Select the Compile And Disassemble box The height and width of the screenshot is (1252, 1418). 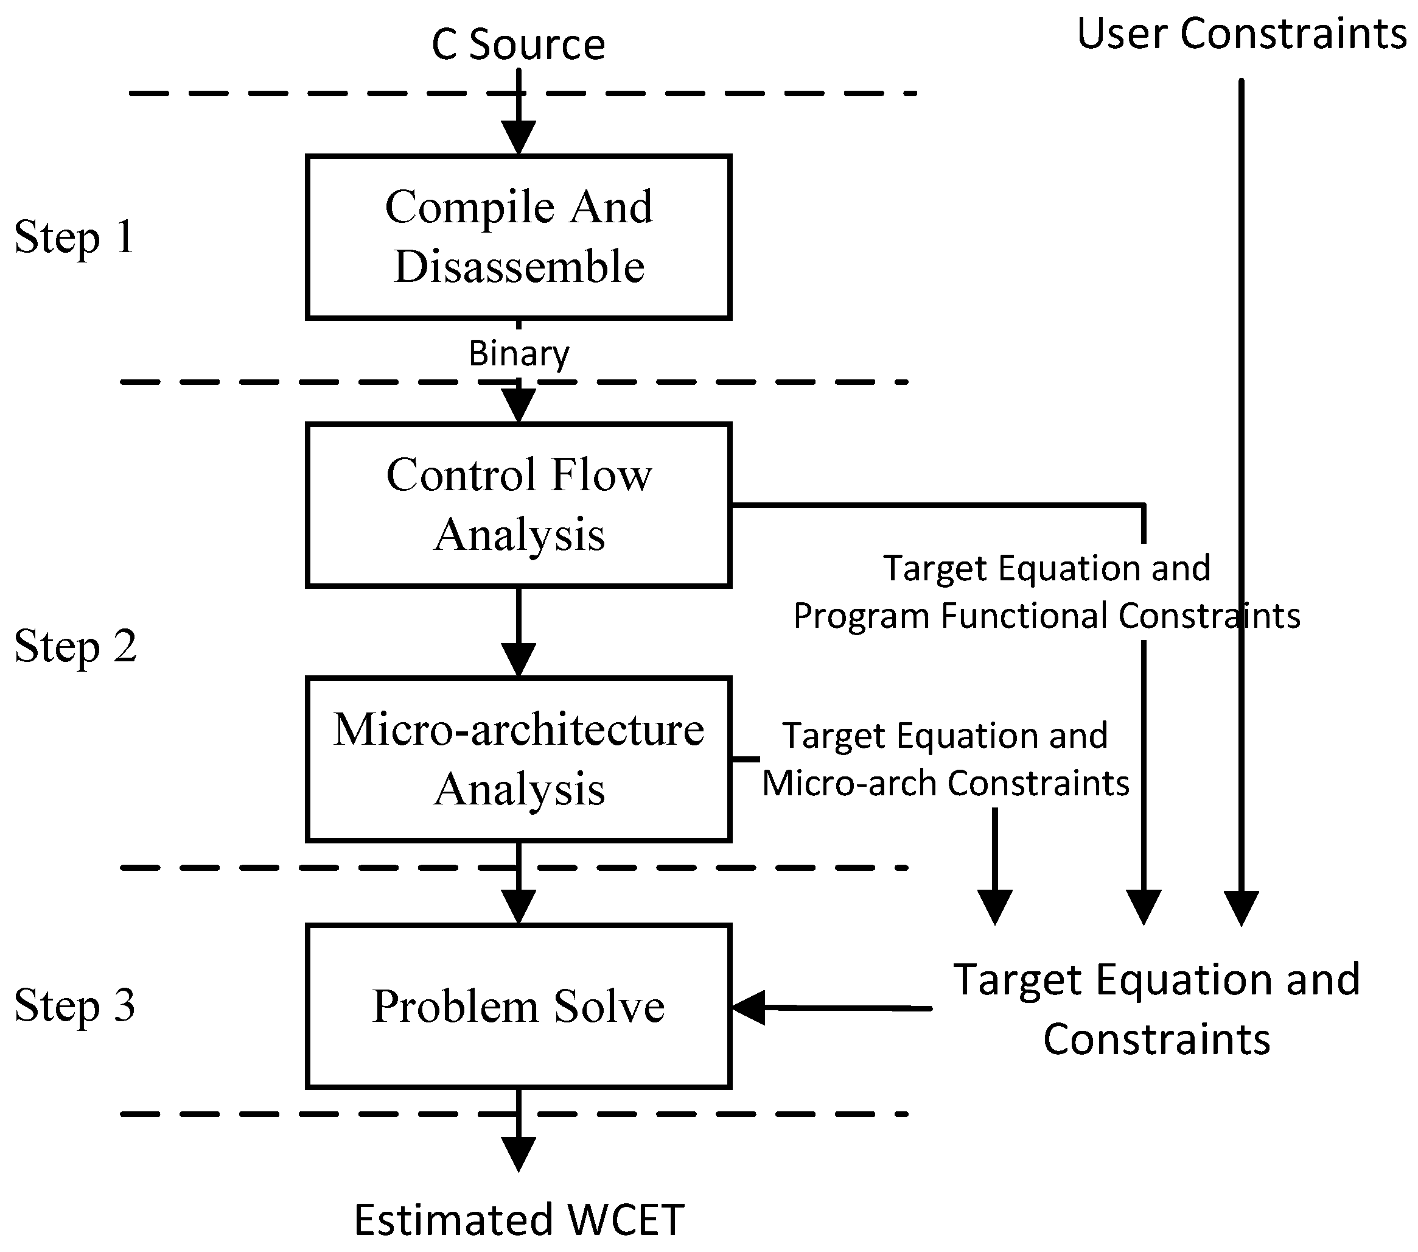[x=519, y=237]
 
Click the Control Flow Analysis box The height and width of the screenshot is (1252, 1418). [x=519, y=505]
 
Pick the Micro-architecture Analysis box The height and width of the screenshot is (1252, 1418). [x=519, y=759]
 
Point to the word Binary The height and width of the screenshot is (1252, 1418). [x=519, y=353]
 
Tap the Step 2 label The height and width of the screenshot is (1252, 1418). [x=75, y=646]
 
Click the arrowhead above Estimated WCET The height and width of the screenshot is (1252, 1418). [x=519, y=1153]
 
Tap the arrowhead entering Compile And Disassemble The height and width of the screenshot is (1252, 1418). [x=519, y=137]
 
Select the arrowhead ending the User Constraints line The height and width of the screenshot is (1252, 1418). [x=1241, y=907]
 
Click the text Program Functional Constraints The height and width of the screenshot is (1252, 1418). [x=1046, y=616]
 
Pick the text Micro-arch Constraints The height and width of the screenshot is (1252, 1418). [x=946, y=784]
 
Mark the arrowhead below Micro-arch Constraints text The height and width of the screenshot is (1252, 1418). [x=995, y=906]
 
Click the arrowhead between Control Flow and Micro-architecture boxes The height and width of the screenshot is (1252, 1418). [x=519, y=659]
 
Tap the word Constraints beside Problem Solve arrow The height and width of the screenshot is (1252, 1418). [x=1156, y=1039]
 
